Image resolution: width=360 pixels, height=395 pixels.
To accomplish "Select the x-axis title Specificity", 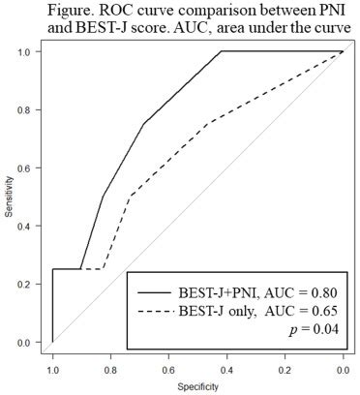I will pos(197,386).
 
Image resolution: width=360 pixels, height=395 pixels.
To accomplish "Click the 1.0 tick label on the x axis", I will pos(52,369).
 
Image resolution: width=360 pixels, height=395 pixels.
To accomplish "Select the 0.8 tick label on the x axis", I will pos(110,369).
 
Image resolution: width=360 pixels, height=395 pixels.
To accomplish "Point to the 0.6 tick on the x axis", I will pos(168,369).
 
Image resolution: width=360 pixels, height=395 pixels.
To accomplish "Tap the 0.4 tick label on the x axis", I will pos(226,369).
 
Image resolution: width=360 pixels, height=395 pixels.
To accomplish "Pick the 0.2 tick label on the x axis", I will pos(285,369).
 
